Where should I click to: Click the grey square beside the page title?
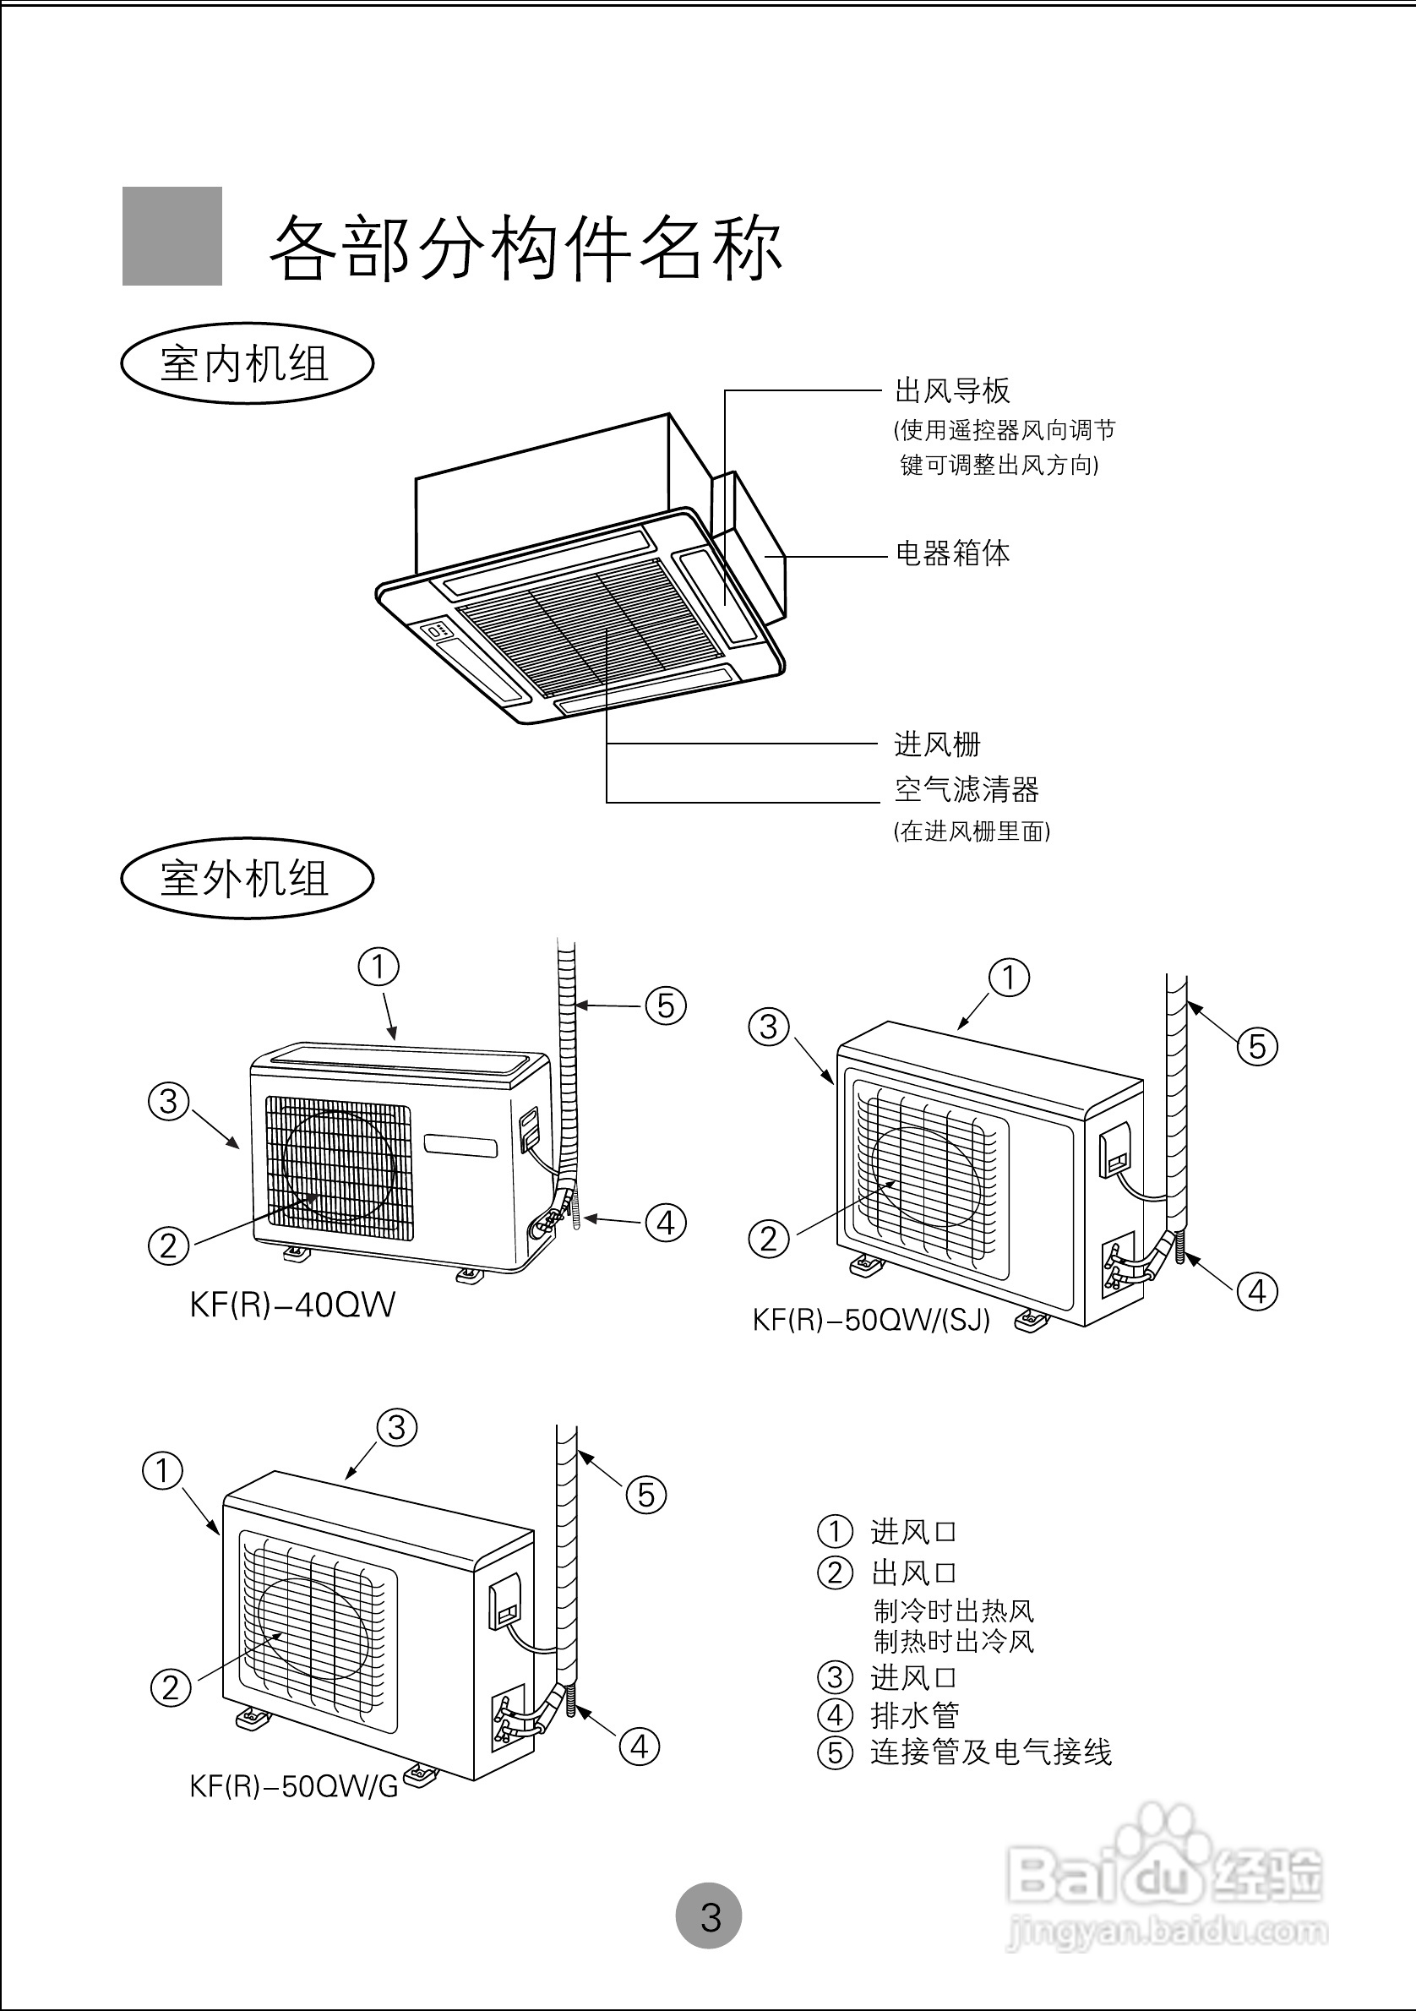tap(172, 236)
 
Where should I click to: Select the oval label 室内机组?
tap(246, 363)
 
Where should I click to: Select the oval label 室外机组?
tap(246, 879)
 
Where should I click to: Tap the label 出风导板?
tap(952, 390)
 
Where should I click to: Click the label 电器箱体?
tap(952, 553)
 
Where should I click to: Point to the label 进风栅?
tap(937, 744)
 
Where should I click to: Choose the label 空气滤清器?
tap(966, 790)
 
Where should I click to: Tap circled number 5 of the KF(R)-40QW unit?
tap(666, 1005)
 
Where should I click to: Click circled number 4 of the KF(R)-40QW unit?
tap(666, 1223)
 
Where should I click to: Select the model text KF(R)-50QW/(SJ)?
tap(871, 1320)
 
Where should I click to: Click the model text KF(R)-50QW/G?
tap(294, 1787)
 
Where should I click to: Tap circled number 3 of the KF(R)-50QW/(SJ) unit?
tap(769, 1027)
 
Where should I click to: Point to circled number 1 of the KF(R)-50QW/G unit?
tap(163, 1470)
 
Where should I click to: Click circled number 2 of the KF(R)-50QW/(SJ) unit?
tap(769, 1240)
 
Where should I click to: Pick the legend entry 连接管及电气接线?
tap(989, 1752)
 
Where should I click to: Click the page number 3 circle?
tap(709, 1917)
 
